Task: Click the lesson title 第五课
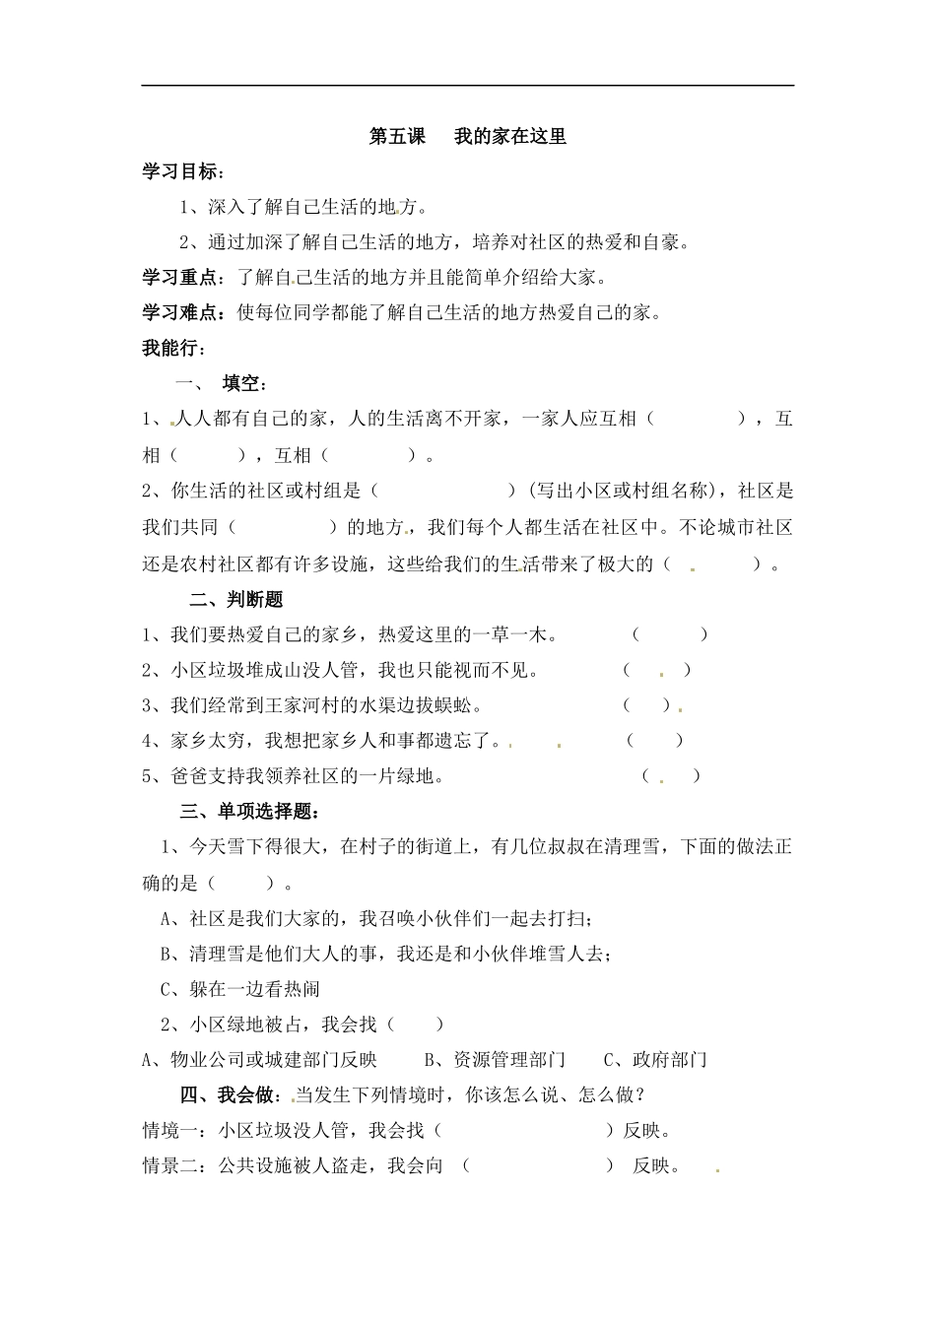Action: click(397, 137)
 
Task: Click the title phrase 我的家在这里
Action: click(510, 137)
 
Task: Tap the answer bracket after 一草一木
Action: click(670, 635)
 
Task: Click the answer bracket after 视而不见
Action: click(657, 671)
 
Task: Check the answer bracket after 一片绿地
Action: click(671, 776)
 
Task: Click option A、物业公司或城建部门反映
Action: click(260, 1060)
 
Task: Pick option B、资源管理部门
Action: click(496, 1060)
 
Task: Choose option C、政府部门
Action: click(655, 1060)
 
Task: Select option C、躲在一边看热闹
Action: click(239, 989)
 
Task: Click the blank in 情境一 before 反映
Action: click(523, 1131)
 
